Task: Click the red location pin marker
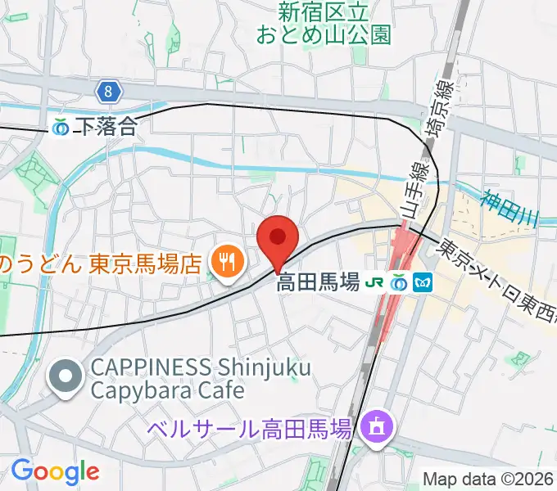pos(277,240)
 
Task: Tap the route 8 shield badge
pos(106,91)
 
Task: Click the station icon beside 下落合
pos(61,127)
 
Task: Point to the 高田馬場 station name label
pos(319,283)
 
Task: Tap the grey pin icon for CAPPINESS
pos(64,377)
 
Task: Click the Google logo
pos(55,471)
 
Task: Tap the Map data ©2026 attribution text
pos(488,478)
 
